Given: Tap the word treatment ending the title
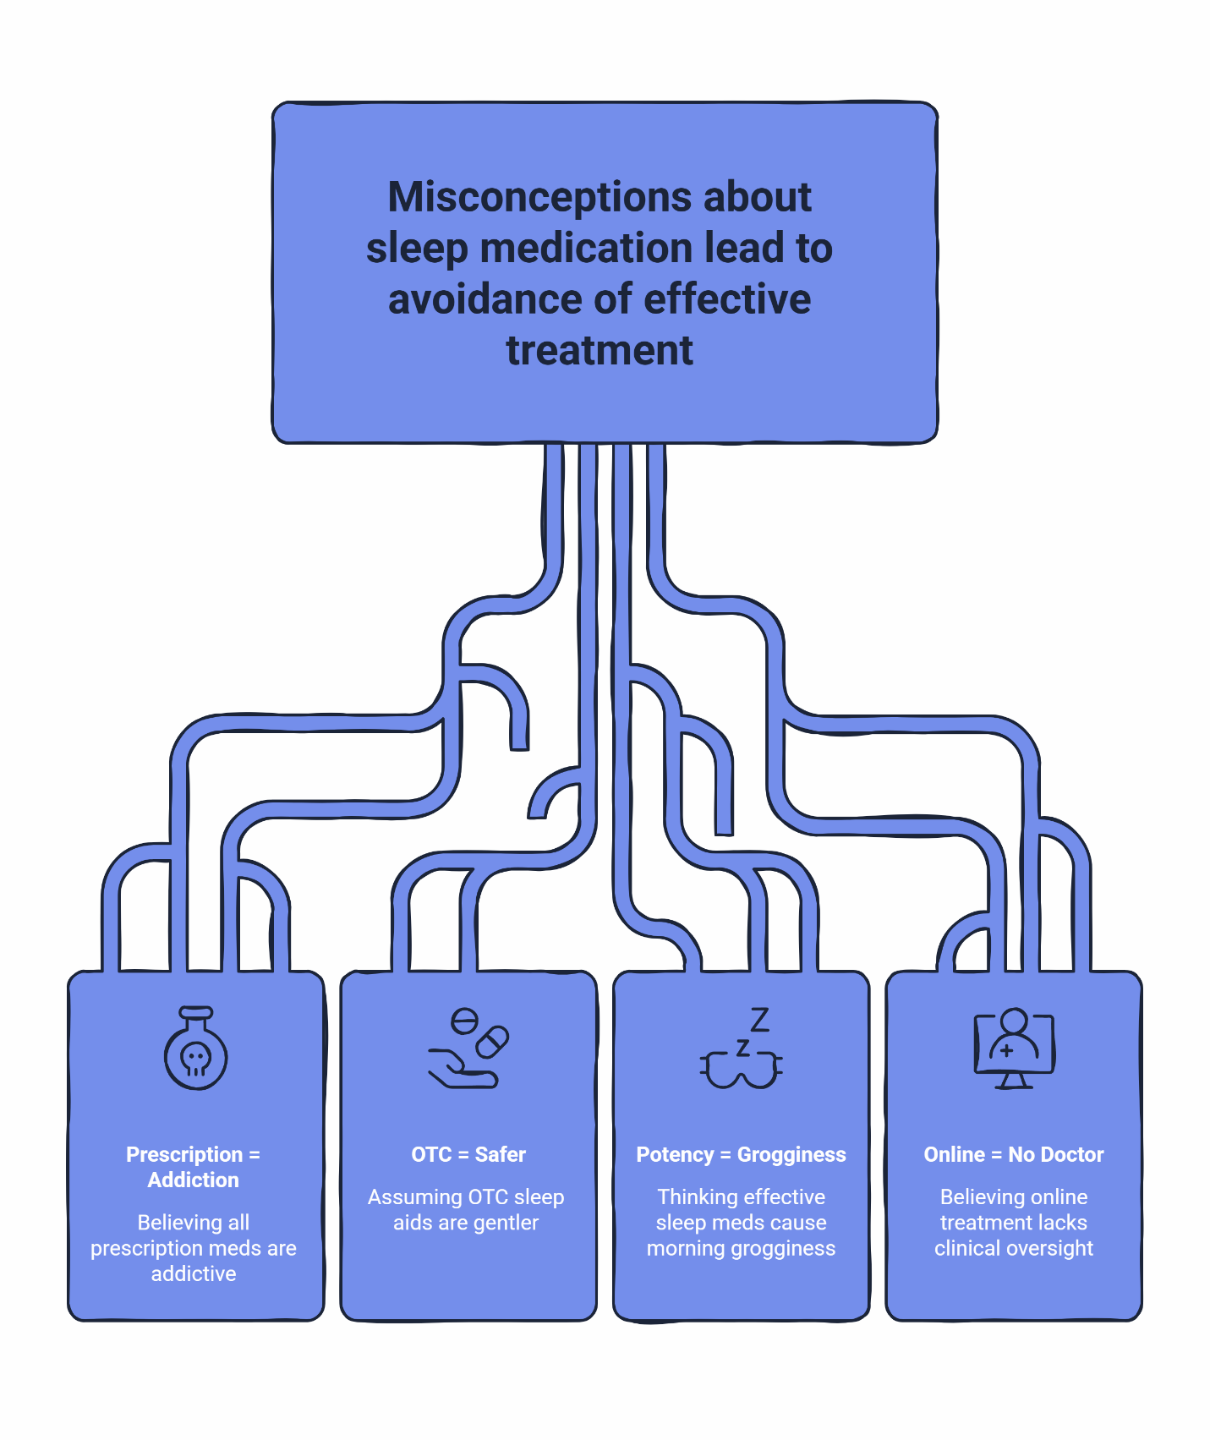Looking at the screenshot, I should point(600,350).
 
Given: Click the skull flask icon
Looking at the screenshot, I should point(195,1049).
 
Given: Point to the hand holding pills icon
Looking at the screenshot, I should point(468,1049).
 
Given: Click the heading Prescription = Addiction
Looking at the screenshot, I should point(193,1167).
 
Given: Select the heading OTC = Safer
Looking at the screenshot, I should point(468,1154).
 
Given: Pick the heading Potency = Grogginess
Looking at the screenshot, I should point(741,1154).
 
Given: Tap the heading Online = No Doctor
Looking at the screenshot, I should point(1013,1154).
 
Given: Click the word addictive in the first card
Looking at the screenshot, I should point(194,1273).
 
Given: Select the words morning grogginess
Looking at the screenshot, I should point(741,1248).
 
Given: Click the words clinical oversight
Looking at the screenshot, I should point(1013,1248).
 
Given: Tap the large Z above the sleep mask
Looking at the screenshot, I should point(759,1020).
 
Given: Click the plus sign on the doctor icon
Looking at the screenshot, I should point(1006,1051).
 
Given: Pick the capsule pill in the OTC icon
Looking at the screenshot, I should point(492,1042).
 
